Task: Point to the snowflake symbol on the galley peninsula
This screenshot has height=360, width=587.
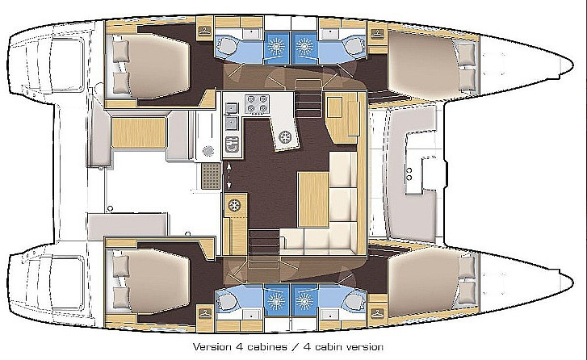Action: coord(284,138)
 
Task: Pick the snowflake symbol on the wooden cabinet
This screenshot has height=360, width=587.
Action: coord(237,205)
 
